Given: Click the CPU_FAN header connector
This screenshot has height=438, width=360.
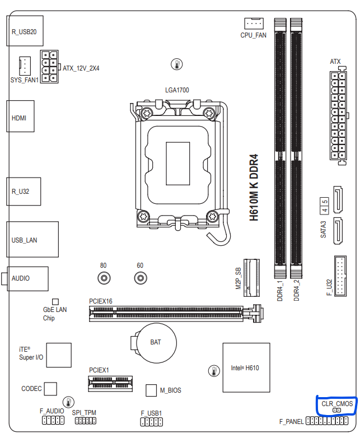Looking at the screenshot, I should point(254,23).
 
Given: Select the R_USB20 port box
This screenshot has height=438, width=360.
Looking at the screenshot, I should point(25,31).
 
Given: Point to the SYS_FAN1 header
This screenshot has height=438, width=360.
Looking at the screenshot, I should point(24,66).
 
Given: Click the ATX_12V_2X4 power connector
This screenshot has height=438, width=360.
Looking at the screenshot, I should point(49,67).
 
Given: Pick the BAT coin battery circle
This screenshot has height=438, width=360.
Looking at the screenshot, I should point(155,342).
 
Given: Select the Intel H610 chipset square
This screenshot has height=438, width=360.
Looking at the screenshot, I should point(246,368).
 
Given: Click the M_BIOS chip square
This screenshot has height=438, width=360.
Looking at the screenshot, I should point(151,390).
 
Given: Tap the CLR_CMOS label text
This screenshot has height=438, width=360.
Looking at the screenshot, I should point(337,403).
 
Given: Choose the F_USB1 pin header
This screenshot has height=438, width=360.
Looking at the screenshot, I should point(151,422).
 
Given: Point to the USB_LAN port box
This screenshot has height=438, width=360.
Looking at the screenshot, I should point(32,240).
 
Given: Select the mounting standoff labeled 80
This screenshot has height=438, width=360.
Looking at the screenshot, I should point(104,277).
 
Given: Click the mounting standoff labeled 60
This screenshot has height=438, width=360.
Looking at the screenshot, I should point(140,277).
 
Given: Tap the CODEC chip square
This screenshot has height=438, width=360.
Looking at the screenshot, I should point(51,388).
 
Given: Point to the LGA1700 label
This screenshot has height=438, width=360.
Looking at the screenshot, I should point(177,90).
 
